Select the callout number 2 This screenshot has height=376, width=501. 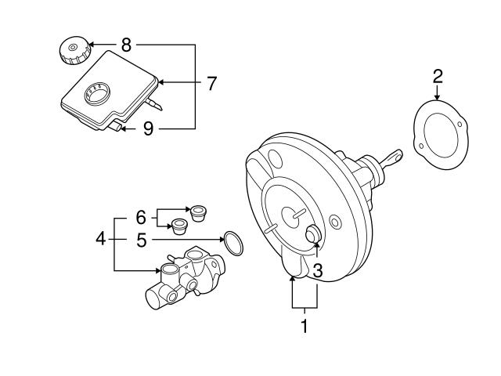coord(438,76)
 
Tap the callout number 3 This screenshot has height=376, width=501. coord(317,270)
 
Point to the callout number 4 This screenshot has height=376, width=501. coord(99,238)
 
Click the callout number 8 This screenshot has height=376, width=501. coord(126,45)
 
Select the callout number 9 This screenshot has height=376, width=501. coord(148,128)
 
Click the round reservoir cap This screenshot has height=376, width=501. coord(74,52)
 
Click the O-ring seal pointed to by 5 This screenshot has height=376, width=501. coord(233,243)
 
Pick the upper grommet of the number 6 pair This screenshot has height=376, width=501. coord(199,211)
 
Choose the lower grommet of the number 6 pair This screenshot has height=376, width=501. coord(180,226)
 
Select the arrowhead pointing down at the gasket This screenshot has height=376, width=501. coord(438,95)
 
